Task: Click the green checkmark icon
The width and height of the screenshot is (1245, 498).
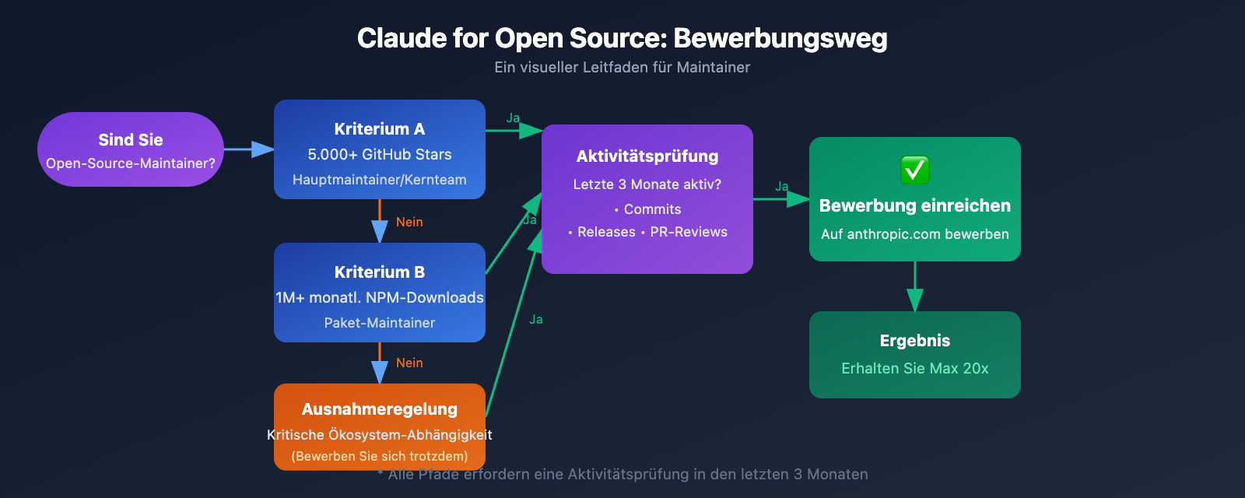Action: tap(914, 170)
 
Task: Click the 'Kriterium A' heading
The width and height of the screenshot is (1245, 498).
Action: tap(380, 129)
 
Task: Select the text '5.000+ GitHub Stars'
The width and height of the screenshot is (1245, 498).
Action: tap(380, 154)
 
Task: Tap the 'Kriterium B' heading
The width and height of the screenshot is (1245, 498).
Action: tap(380, 272)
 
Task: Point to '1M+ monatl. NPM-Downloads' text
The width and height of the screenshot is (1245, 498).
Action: tap(380, 297)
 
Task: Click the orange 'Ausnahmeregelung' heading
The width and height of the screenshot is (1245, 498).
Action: tap(380, 409)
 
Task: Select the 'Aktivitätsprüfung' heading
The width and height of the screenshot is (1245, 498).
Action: tap(647, 156)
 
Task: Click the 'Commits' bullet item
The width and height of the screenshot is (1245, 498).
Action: tap(652, 209)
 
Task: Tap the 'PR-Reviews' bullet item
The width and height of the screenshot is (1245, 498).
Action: tap(689, 232)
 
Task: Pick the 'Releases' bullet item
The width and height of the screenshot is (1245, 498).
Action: tap(606, 232)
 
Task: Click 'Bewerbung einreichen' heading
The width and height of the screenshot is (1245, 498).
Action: tap(915, 206)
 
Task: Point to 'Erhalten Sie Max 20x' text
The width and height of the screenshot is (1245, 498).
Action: tap(915, 368)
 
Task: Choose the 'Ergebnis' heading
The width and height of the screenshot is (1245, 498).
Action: tap(915, 341)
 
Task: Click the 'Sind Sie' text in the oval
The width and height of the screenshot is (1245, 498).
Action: tap(131, 140)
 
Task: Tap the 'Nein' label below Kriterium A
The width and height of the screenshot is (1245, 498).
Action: tap(409, 223)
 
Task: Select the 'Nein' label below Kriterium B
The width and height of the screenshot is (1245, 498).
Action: tap(409, 363)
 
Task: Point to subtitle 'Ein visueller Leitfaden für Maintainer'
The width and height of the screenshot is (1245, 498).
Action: tap(622, 68)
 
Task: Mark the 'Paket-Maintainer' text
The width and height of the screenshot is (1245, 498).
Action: tap(380, 323)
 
